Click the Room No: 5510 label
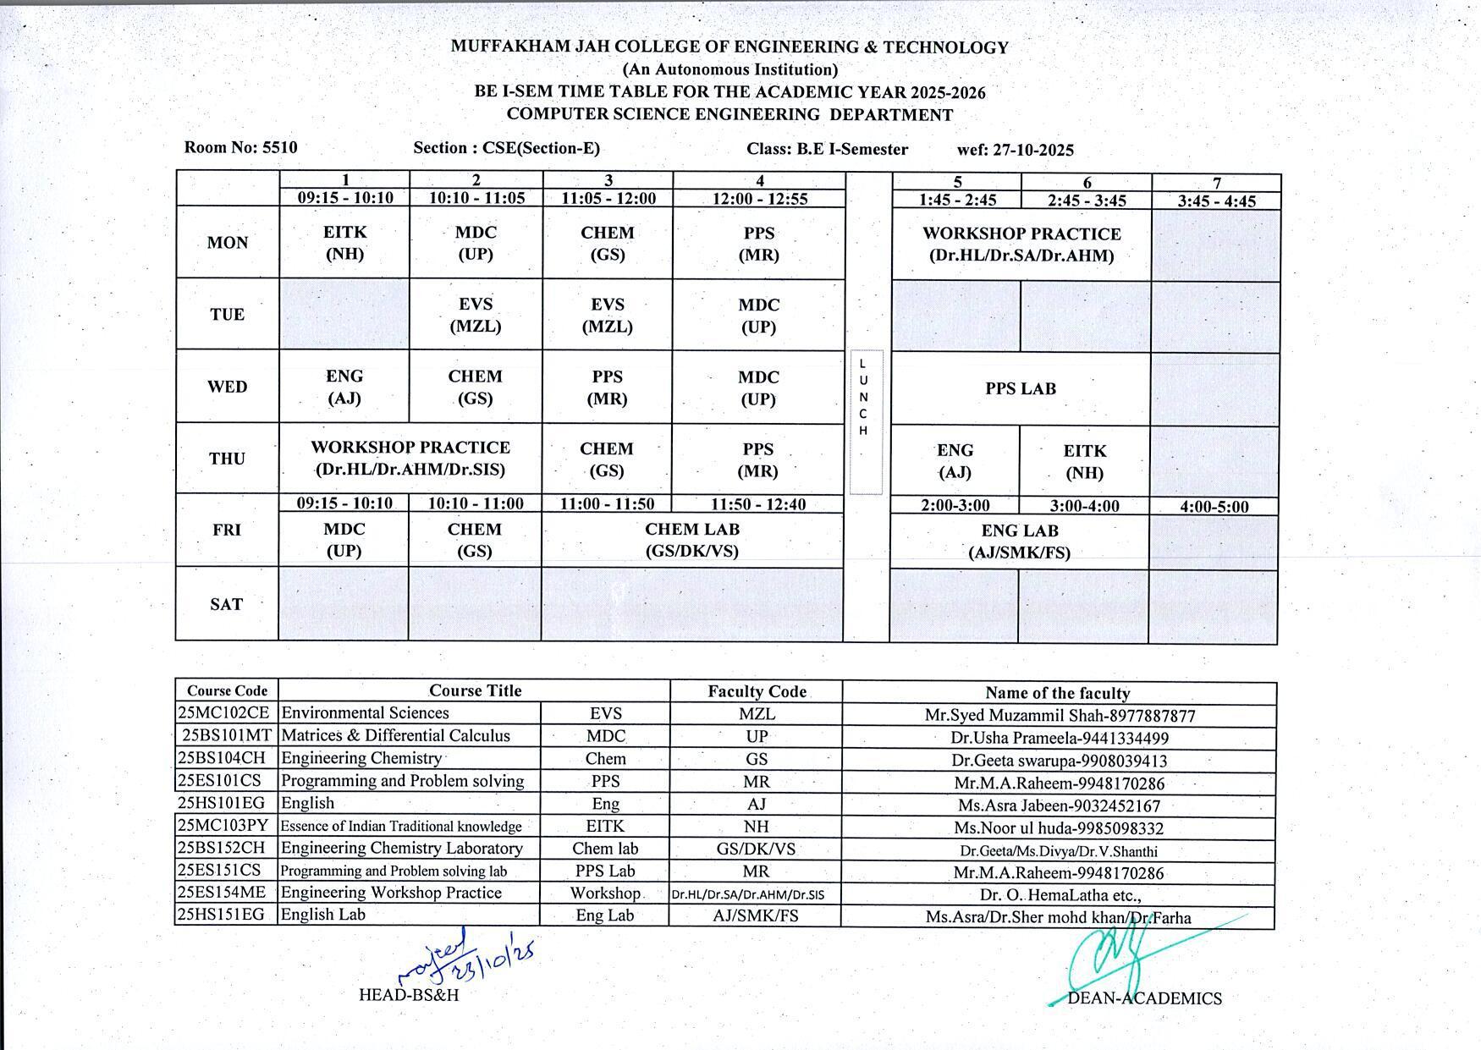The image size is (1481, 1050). pos(240,147)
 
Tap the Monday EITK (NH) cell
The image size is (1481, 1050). pos(344,243)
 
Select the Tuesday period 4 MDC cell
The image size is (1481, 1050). pos(758,316)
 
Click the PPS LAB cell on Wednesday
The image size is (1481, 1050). pos(1021,388)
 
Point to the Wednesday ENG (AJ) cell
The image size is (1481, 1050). pos(344,387)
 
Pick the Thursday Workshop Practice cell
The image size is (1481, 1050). pos(410,459)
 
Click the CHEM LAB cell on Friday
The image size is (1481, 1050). pos(692,540)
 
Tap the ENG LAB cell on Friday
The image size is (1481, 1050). pos(1020,541)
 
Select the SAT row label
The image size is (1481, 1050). pos(227,604)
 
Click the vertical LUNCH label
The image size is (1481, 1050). pos(863,397)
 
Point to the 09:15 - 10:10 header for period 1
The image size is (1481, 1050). pos(345,198)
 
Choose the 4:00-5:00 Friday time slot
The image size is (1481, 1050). pos(1214,507)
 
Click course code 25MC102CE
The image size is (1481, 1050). pos(225,713)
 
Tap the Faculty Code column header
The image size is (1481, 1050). pos(757,691)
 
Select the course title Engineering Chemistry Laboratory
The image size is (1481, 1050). pos(402,848)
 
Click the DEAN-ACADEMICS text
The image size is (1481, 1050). pos(1144,998)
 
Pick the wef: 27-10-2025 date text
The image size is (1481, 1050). pos(1016,150)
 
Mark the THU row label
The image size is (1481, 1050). pos(227,459)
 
